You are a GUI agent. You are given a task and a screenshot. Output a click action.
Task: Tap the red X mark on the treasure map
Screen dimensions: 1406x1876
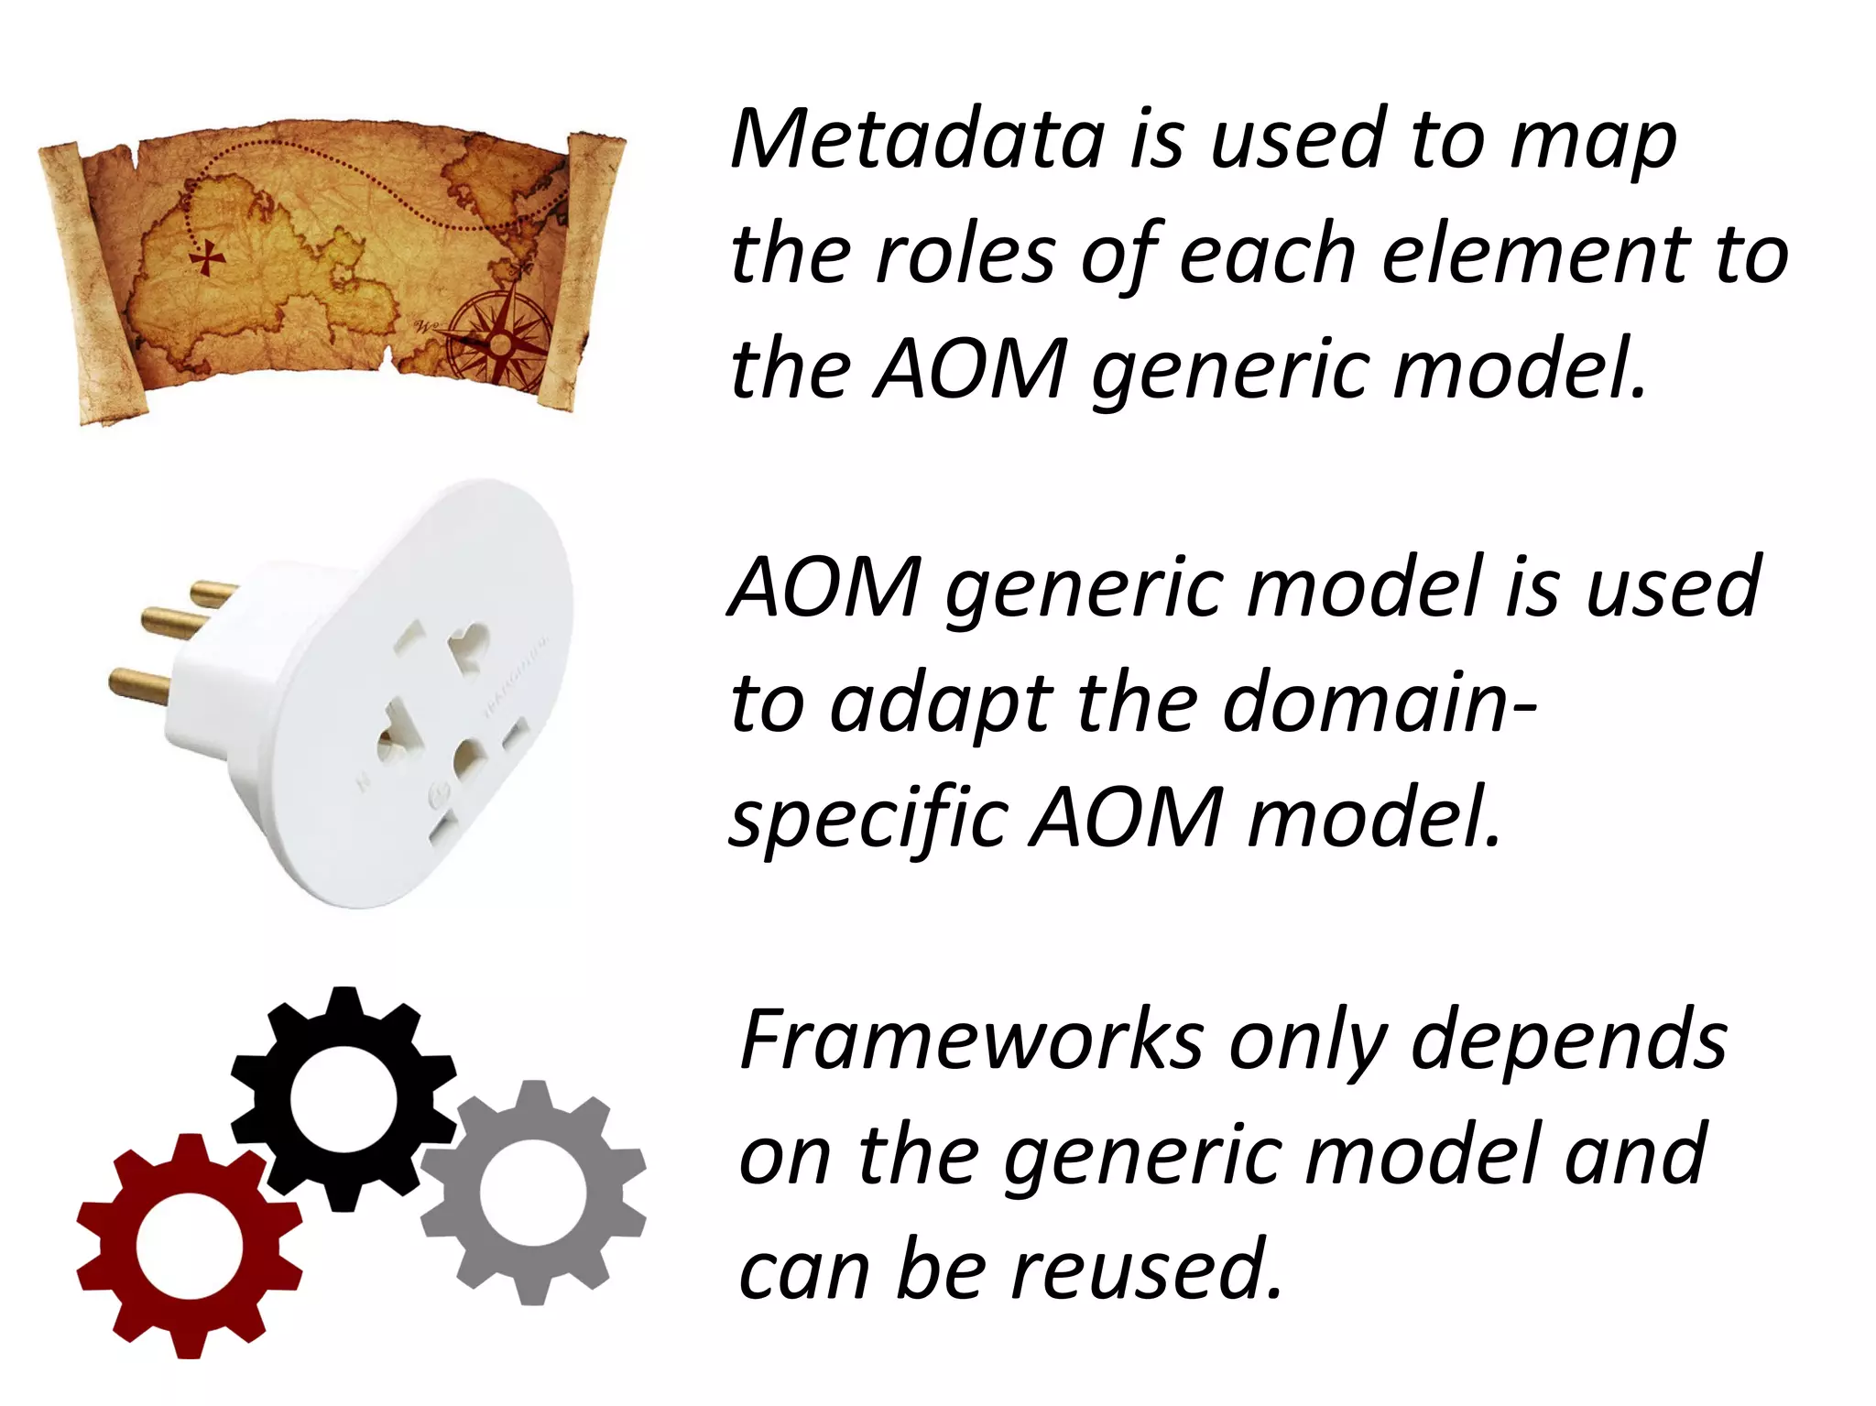(208, 258)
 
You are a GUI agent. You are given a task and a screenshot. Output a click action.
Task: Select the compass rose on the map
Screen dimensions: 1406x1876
(499, 341)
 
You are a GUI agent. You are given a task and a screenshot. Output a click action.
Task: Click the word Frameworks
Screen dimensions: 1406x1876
(971, 1041)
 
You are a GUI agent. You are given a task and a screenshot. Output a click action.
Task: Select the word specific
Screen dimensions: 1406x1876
(868, 817)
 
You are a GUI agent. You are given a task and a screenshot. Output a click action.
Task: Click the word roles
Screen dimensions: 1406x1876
(965, 255)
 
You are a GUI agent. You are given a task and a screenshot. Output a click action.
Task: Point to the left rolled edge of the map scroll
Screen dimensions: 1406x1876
(87, 284)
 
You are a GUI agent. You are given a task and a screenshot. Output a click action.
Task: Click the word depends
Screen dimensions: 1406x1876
(1568, 1041)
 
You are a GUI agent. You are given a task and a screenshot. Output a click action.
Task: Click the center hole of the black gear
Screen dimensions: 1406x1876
(344, 1099)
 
